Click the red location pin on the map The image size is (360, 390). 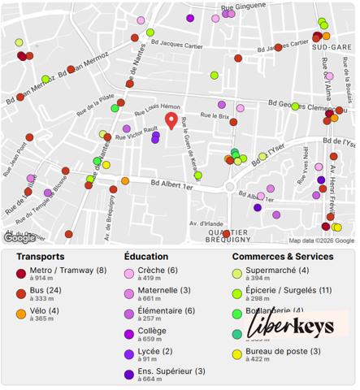tap(171, 121)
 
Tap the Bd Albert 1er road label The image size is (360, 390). tap(171, 186)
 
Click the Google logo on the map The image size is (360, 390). tap(20, 238)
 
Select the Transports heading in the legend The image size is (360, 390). tap(41, 257)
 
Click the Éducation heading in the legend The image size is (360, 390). tap(146, 257)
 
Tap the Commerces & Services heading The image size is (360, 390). tap(282, 257)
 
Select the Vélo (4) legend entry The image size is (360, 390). tap(46, 310)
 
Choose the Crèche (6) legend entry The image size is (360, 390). tap(157, 271)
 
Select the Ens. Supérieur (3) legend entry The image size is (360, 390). tap(171, 371)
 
